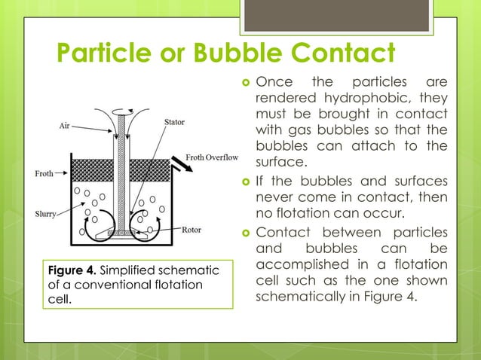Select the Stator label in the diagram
coord(175,121)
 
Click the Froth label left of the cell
coord(44,174)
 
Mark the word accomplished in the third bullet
coord(303,264)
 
